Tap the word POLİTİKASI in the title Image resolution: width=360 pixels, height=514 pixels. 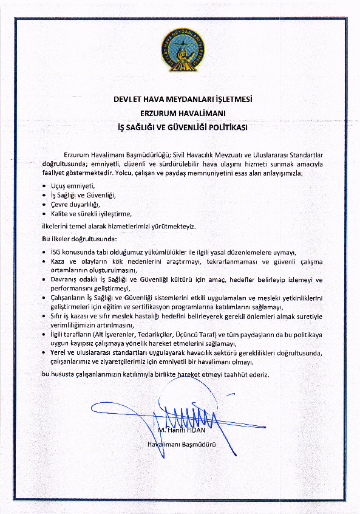coord(226,128)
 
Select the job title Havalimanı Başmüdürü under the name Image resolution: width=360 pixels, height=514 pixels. coord(182,444)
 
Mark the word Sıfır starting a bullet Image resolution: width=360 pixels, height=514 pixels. coord(59,317)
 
